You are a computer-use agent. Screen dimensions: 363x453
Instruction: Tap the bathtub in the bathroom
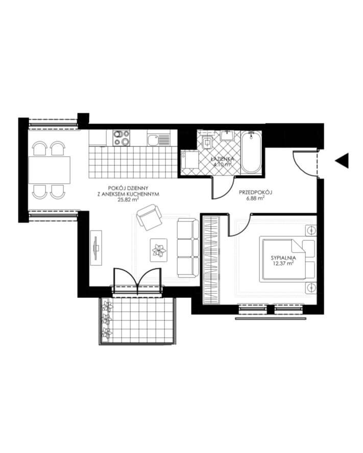[x=251, y=152]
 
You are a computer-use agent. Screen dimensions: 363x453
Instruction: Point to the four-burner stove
[x=121, y=138]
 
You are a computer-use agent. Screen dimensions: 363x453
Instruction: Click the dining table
[x=50, y=170]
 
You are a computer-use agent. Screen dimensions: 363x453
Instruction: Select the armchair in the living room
[x=149, y=217]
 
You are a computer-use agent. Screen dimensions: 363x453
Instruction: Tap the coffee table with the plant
[x=159, y=250]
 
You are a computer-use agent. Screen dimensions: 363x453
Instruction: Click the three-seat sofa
[x=188, y=248]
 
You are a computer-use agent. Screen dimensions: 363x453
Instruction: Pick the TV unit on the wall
[x=96, y=247]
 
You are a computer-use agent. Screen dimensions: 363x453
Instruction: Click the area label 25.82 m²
[x=129, y=199]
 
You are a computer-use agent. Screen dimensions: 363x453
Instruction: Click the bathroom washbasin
[x=228, y=135]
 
